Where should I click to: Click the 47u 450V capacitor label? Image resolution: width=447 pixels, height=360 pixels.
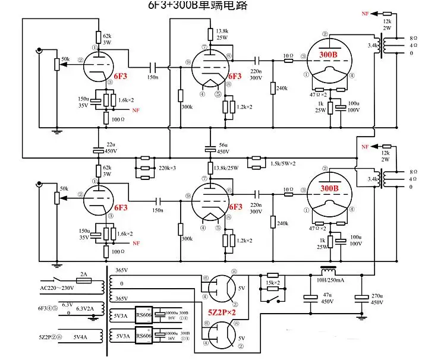(x=326, y=298)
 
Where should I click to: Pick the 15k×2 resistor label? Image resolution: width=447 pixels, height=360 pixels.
(x=273, y=282)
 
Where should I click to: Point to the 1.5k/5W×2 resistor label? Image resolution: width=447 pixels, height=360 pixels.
(x=283, y=164)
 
